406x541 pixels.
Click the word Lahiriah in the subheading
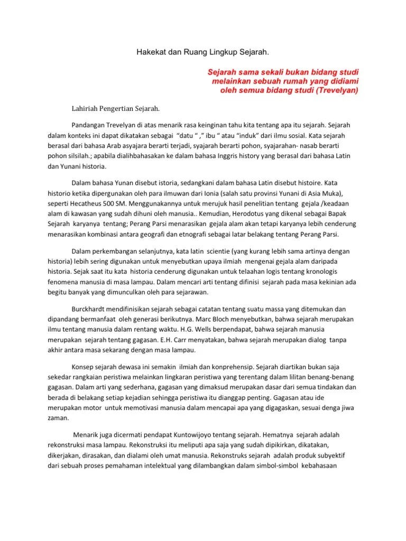point(86,109)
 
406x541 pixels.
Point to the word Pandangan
point(89,126)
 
